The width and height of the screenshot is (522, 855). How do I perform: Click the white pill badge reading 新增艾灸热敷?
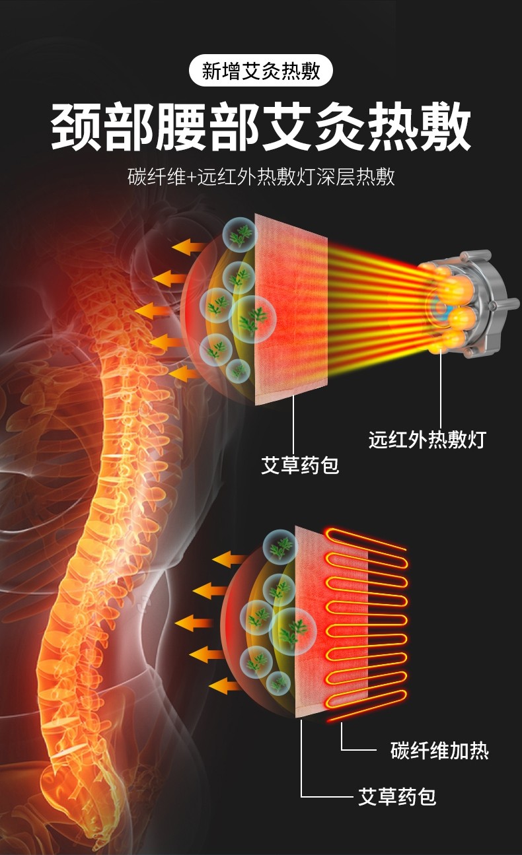click(x=261, y=71)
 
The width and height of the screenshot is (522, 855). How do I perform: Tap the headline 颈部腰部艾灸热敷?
click(x=261, y=125)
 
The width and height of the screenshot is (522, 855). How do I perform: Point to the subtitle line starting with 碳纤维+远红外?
click(x=261, y=177)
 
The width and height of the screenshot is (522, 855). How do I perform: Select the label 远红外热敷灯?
click(x=427, y=440)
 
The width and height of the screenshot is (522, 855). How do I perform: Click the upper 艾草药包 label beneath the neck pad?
click(x=300, y=465)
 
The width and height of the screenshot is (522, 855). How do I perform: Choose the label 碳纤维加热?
click(x=439, y=751)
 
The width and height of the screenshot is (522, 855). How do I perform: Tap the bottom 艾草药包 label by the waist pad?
click(x=397, y=797)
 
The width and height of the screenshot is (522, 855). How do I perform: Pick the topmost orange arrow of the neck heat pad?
click(x=188, y=246)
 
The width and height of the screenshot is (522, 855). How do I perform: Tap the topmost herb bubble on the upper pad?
click(x=241, y=234)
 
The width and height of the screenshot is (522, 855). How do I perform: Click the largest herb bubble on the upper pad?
click(x=252, y=319)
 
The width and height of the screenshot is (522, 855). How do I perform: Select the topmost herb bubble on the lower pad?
click(x=280, y=547)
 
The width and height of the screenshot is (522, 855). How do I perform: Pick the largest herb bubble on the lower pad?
click(x=293, y=631)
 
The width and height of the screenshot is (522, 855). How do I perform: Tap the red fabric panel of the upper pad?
click(x=291, y=309)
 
